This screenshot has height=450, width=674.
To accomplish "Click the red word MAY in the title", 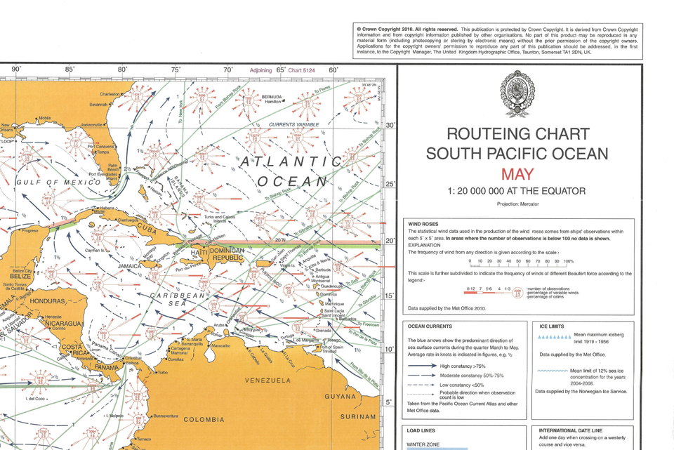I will (x=517, y=174).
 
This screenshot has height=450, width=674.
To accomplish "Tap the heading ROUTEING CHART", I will (x=517, y=134).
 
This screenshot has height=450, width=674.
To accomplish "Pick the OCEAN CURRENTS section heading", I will (x=430, y=326).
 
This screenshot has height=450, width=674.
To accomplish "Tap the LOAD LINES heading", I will (x=421, y=430).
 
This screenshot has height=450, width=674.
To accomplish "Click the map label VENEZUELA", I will (x=267, y=380).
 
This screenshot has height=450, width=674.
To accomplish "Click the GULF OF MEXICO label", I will (x=58, y=183).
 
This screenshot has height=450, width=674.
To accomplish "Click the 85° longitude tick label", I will (x=70, y=70).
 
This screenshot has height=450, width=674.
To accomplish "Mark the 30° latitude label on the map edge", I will (x=391, y=126).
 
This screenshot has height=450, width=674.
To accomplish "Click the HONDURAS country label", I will (x=45, y=301).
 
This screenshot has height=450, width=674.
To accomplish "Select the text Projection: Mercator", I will (x=517, y=204).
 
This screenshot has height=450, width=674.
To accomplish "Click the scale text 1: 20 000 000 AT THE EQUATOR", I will (x=517, y=191).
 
